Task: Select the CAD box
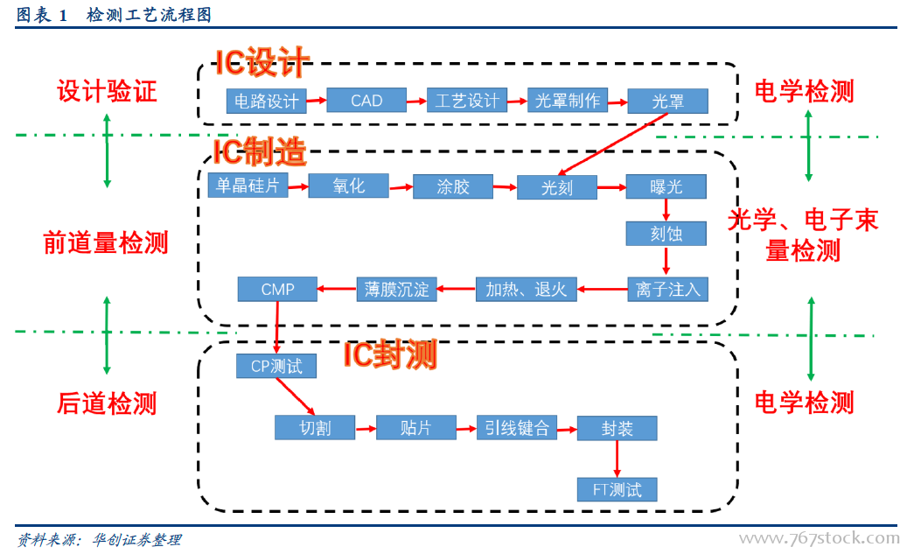(x=366, y=101)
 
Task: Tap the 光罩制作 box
(x=568, y=101)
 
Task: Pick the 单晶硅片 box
(x=248, y=186)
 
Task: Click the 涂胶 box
(x=453, y=186)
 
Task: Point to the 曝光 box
(x=666, y=186)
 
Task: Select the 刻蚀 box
(x=666, y=234)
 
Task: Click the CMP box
(x=278, y=289)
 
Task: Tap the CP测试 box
(x=276, y=366)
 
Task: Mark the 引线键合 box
(x=516, y=428)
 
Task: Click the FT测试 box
(x=617, y=489)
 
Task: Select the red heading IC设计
(x=262, y=63)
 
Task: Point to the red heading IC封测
(x=389, y=354)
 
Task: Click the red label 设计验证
(x=107, y=91)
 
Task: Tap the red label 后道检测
(x=107, y=403)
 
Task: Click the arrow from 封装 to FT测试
(x=617, y=459)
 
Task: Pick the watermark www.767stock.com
(x=819, y=537)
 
